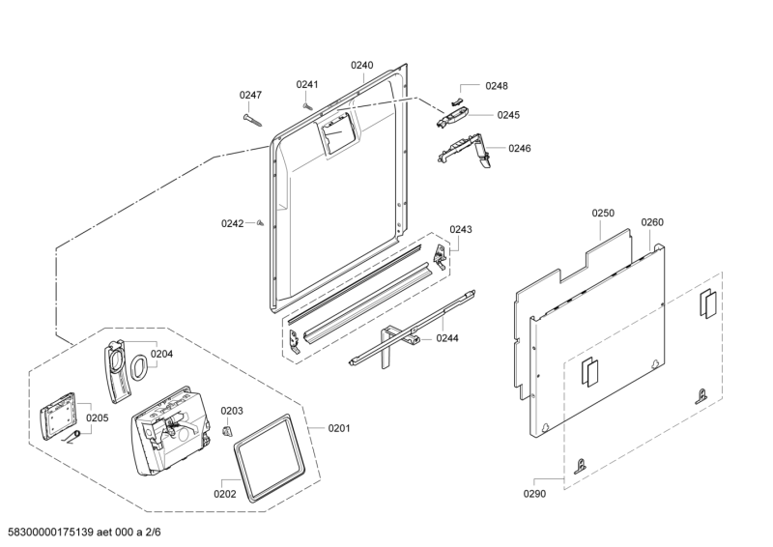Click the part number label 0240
tap(361, 65)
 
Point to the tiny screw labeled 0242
tap(262, 222)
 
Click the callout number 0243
tap(461, 229)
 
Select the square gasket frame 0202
tap(265, 453)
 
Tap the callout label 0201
tap(339, 428)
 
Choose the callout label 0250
tap(603, 212)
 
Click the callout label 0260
tap(652, 221)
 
